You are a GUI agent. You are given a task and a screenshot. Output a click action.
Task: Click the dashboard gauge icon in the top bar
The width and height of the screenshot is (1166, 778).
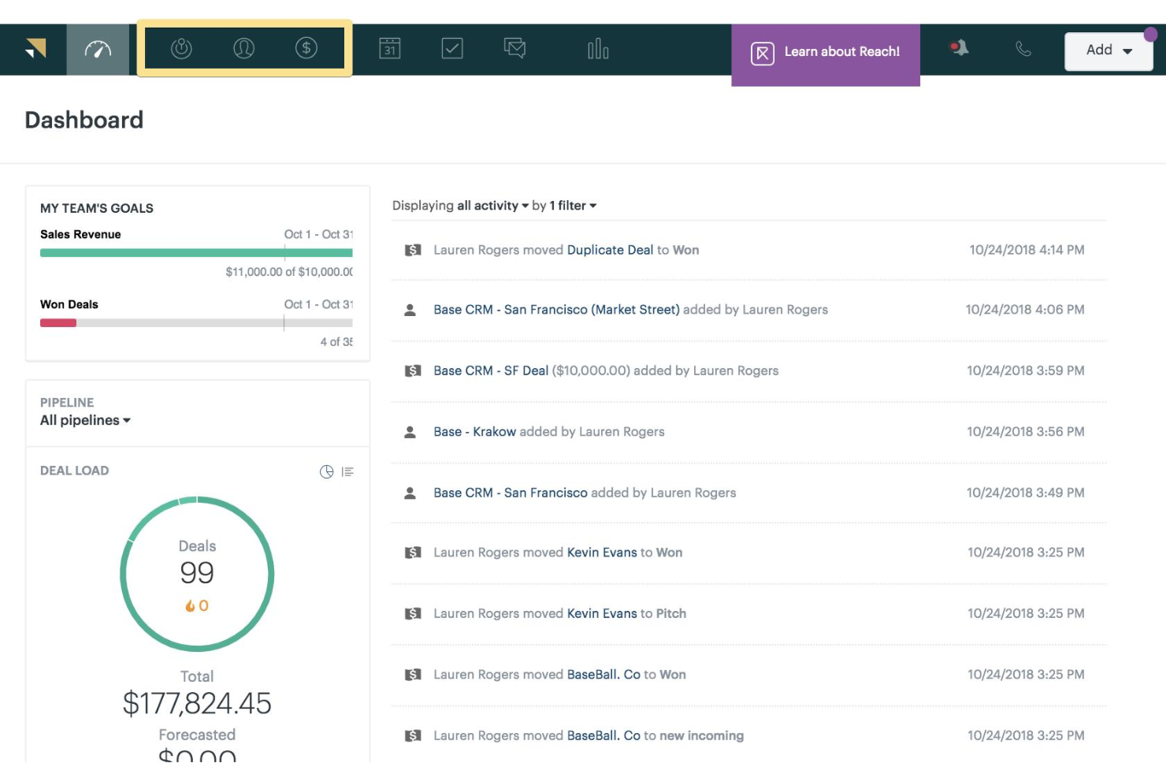pos(98,50)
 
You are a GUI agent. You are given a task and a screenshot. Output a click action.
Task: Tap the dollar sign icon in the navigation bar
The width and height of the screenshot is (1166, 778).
pos(306,48)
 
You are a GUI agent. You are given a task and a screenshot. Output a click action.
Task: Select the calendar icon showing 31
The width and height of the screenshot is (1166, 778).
pos(390,49)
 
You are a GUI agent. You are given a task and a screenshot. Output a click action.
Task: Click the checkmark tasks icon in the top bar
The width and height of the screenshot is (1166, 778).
pos(452,49)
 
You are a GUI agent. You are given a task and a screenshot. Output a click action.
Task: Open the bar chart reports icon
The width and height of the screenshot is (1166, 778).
pos(598,50)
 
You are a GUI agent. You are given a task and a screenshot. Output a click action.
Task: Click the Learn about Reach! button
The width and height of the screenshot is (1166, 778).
pos(826,53)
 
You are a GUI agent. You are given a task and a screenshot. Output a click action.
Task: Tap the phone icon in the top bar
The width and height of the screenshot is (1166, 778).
pos(1023,49)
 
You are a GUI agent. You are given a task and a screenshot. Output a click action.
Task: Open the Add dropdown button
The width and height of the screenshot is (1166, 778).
pos(1108,50)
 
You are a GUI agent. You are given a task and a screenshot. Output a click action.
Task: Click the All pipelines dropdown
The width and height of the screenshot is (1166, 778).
pos(85,420)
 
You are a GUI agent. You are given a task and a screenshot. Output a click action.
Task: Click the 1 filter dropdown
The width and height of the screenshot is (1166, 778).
pos(573,206)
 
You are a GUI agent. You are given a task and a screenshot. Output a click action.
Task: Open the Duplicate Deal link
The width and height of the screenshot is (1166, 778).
pos(610,250)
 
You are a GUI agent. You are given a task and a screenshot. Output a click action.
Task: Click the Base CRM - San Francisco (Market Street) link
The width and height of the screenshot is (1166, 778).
pos(556,310)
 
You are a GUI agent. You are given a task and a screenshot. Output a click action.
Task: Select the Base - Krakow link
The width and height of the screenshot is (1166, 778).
pos(474,432)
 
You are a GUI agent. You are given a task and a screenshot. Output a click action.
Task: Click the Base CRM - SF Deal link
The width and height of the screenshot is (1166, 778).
pos(491,370)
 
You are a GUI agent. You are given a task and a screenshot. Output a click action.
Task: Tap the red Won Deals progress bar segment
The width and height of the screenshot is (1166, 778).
pos(58,323)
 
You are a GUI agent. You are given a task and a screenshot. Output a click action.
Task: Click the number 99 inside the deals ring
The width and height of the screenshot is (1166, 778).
pos(197,573)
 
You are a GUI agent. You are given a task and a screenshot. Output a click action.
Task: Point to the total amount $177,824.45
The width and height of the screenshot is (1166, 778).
pos(197,703)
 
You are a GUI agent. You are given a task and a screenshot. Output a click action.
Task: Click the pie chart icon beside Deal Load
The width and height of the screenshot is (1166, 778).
pos(326,471)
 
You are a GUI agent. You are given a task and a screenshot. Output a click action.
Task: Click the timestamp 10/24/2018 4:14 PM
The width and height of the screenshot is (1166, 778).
pos(1027,250)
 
